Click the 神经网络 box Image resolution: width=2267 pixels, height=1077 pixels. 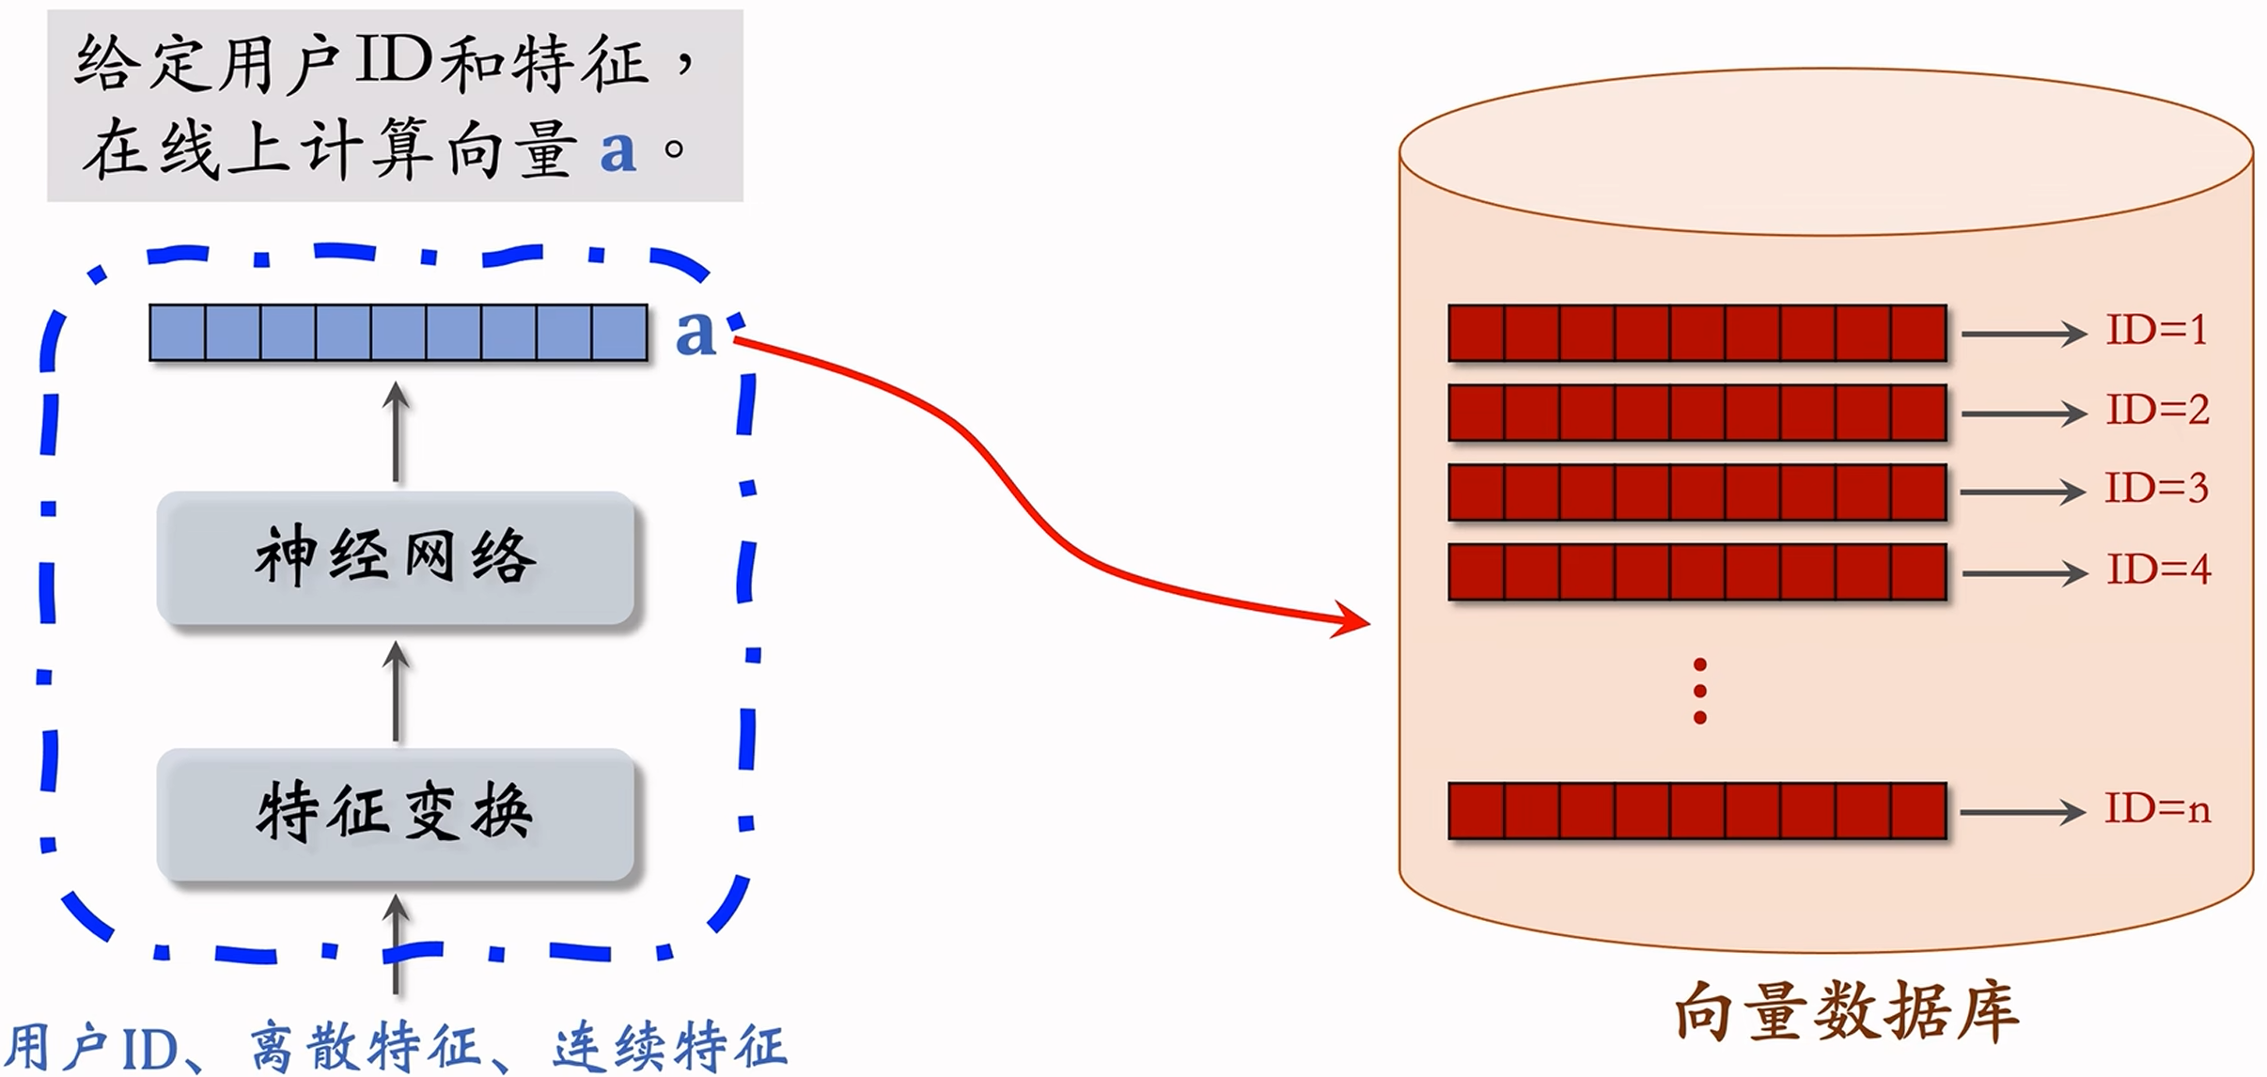[396, 558]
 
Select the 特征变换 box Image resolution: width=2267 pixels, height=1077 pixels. [396, 814]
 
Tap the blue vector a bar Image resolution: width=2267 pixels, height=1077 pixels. [399, 333]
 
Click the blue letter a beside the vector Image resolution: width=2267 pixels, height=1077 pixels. [695, 333]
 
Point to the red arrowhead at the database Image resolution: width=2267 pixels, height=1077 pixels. [1353, 621]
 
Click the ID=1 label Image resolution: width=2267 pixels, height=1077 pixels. [2156, 331]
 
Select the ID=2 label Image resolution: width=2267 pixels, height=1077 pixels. [2157, 411]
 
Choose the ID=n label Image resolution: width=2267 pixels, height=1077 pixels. [2157, 810]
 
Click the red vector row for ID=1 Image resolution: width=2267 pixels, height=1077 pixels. [1697, 333]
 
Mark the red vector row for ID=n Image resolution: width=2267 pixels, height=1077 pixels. [1697, 810]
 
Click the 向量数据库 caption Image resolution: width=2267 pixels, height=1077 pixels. [1846, 1013]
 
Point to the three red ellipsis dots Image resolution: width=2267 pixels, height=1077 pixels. [1699, 692]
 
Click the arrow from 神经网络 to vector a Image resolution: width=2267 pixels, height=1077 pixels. [396, 432]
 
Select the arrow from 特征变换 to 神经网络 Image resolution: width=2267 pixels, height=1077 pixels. [396, 692]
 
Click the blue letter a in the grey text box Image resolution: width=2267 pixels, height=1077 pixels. [618, 150]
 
